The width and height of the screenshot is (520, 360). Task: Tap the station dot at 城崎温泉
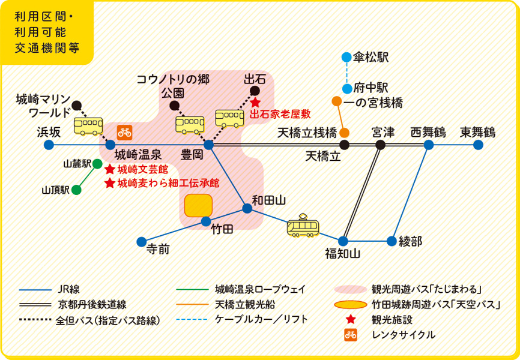(x=110, y=145)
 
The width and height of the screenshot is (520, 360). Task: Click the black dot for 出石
(x=254, y=91)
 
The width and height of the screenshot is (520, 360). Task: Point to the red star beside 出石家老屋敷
(x=255, y=103)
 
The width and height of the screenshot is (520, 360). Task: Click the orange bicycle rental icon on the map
(x=124, y=130)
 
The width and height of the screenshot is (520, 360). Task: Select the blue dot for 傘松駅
(x=346, y=58)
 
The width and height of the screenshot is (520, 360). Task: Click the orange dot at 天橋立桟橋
(x=345, y=132)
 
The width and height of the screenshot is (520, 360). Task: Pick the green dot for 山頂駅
(x=76, y=190)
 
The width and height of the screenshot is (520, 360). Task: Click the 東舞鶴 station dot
(x=478, y=145)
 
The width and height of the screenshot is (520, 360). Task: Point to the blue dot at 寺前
(x=141, y=242)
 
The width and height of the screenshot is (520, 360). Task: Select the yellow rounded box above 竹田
(x=199, y=205)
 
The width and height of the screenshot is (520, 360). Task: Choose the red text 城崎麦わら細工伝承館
(x=168, y=183)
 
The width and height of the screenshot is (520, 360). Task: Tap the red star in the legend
(x=351, y=319)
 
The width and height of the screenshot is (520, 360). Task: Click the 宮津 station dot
(x=380, y=145)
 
